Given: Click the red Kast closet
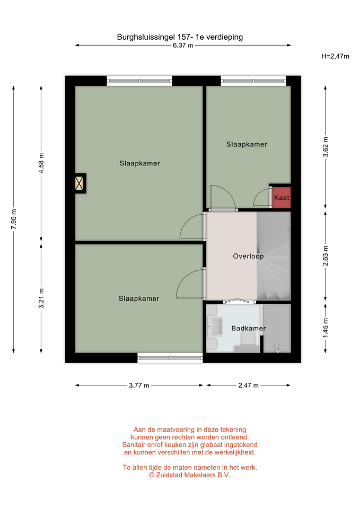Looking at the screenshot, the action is click(281, 197).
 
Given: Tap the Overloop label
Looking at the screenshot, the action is click(248, 256).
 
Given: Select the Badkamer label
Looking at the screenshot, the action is click(248, 328).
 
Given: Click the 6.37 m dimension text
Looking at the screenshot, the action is click(183, 46).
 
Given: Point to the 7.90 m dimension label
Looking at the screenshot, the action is click(14, 219).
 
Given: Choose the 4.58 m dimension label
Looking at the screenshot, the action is click(41, 163).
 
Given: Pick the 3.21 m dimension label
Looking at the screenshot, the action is click(41, 299).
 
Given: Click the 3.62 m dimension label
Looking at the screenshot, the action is click(325, 147).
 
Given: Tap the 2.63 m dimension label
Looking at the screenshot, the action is click(325, 256).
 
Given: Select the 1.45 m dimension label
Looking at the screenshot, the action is click(325, 328).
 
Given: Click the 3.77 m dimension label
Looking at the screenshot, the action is click(139, 385).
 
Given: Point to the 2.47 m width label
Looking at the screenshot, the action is click(248, 385).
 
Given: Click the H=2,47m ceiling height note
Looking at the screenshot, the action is click(335, 56).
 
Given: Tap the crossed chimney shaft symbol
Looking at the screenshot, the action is click(80, 183).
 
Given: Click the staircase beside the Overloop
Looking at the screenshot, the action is click(274, 256).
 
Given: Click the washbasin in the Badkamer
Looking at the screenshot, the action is click(215, 326).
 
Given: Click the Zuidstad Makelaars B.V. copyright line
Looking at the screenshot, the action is click(190, 475).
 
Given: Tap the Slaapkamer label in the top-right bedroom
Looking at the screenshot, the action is click(247, 144).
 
